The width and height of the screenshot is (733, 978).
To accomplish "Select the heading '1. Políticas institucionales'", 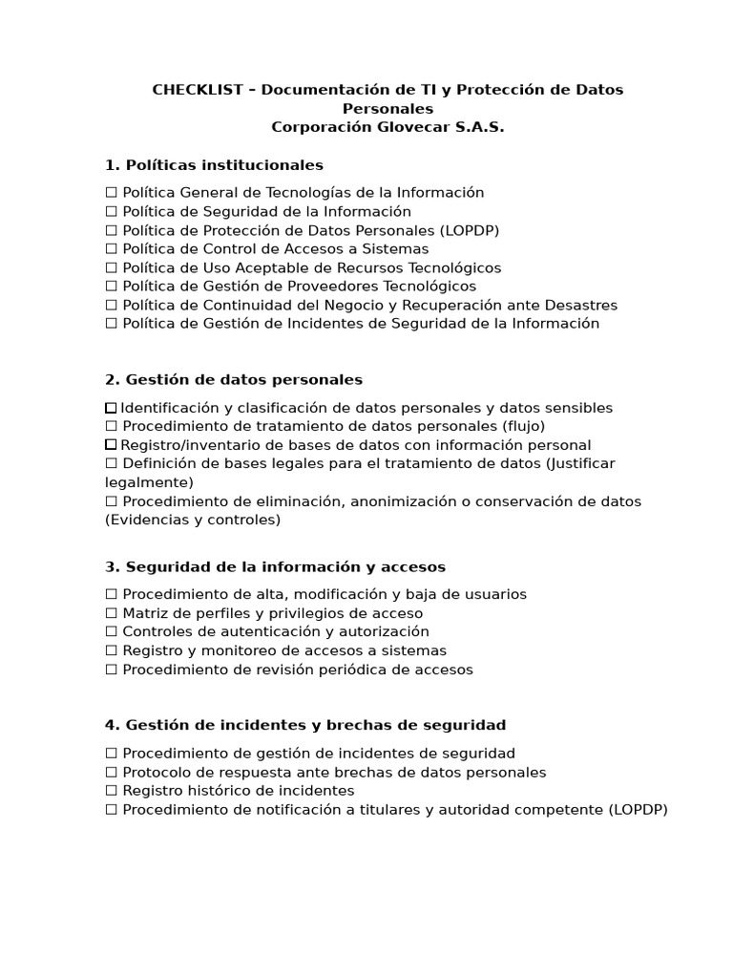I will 214,165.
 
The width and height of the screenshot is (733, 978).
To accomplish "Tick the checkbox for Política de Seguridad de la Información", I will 111,212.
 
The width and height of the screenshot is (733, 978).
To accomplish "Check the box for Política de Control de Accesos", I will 111,249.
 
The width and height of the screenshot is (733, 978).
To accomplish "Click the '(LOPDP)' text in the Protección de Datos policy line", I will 470,230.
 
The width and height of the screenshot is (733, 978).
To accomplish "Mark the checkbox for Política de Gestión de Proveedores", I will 111,287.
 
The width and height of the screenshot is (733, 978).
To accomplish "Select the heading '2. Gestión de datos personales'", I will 234,380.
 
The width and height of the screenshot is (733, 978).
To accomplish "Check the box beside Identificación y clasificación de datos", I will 111,408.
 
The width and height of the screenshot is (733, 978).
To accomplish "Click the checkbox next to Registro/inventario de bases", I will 111,445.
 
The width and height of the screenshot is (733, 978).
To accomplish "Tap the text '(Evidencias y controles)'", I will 193,521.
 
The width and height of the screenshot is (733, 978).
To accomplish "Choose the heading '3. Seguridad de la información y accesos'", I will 275,567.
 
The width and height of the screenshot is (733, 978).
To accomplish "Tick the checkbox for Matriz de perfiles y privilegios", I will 111,613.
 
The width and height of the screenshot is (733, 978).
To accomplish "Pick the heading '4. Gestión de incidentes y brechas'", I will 305,725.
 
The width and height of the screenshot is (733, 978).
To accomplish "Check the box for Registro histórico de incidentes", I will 111,791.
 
